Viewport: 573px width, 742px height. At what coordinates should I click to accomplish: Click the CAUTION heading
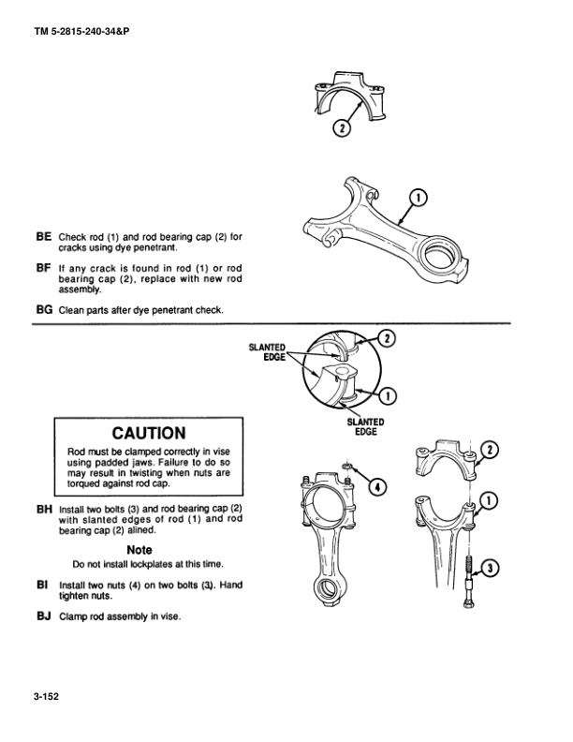click(x=149, y=433)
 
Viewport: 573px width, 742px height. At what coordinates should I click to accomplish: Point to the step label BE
click(x=43, y=236)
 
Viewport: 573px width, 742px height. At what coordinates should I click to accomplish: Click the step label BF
click(x=43, y=268)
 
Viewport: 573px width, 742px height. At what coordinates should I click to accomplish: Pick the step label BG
click(x=43, y=310)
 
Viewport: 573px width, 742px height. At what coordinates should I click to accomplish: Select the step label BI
click(x=43, y=584)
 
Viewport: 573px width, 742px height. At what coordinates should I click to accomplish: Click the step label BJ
click(x=43, y=616)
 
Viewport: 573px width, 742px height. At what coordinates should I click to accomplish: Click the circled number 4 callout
click(x=376, y=486)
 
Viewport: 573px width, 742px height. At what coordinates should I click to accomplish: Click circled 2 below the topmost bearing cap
click(x=343, y=128)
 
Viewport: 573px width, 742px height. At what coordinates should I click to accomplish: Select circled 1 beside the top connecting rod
click(x=419, y=197)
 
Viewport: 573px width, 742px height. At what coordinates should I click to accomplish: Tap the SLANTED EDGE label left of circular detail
click(x=267, y=351)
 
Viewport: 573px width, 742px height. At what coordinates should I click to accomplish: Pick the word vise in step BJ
click(x=169, y=617)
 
